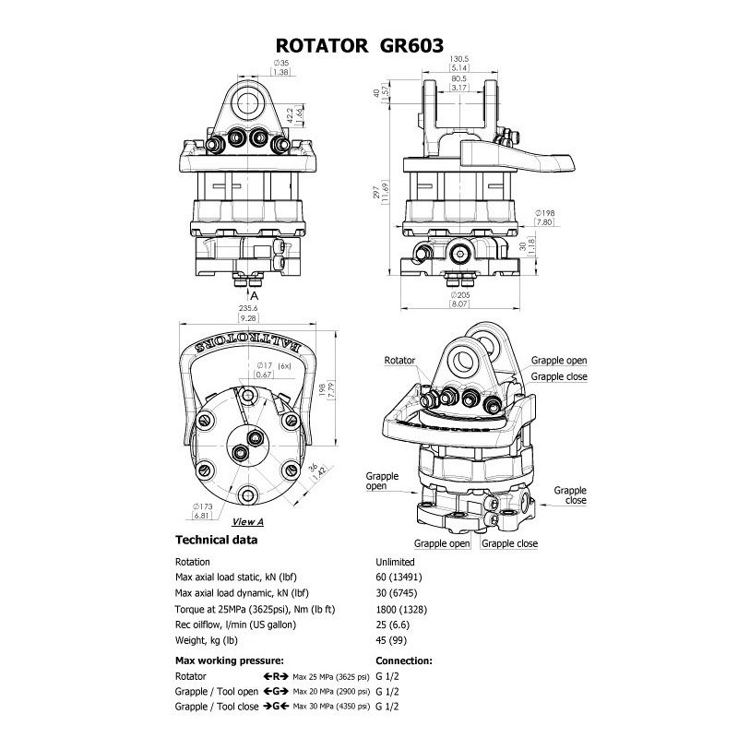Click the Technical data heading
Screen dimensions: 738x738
(x=217, y=540)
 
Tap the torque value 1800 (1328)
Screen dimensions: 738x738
(x=402, y=610)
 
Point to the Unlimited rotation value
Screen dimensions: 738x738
(x=395, y=561)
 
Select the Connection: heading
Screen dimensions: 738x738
(x=404, y=661)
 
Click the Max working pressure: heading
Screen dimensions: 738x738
(x=229, y=661)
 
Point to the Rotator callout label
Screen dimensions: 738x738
(x=401, y=361)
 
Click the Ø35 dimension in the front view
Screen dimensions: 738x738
(x=278, y=63)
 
